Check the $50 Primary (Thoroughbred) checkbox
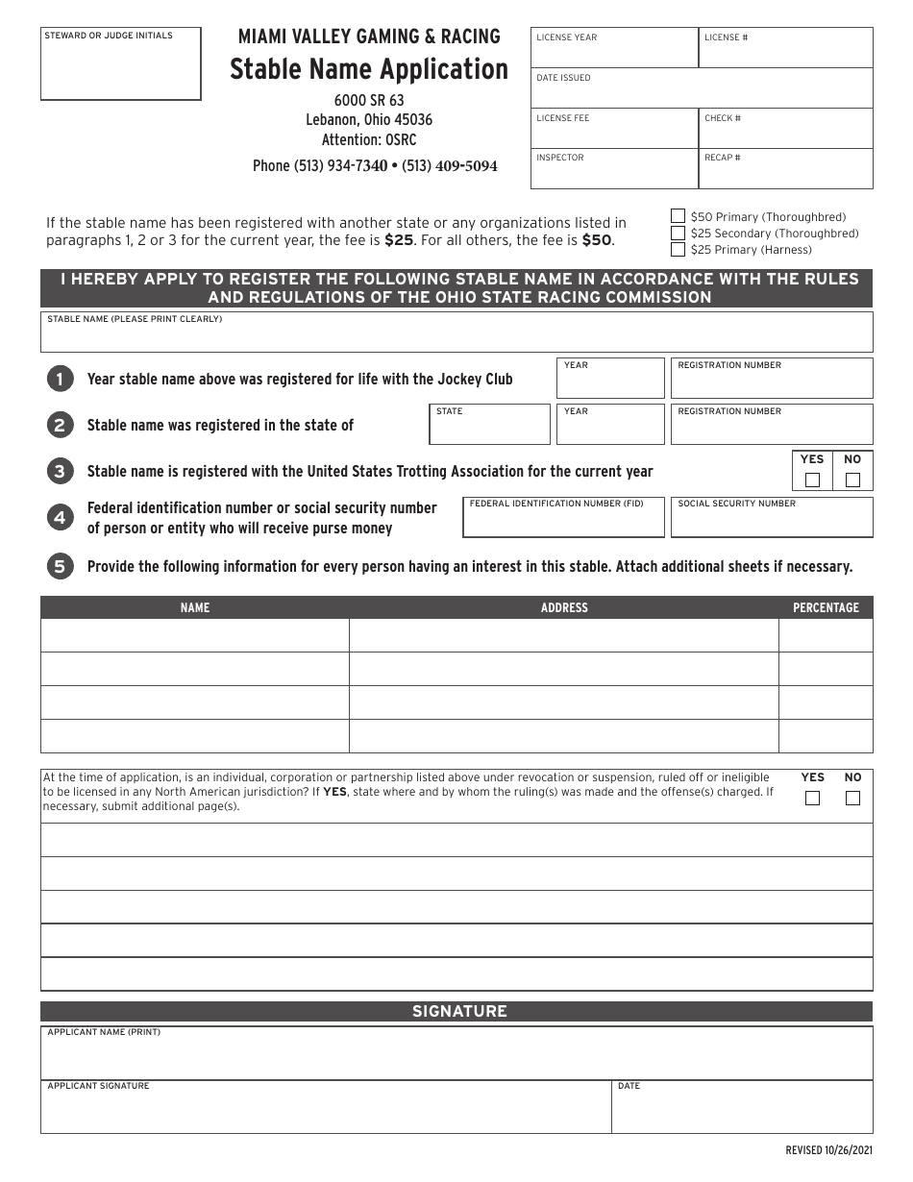pos(678,216)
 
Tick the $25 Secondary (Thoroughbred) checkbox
pos(678,233)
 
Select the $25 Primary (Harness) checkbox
pos(678,249)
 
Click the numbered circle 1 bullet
pos(59,379)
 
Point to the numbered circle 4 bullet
pos(59,518)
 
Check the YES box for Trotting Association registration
pos(812,480)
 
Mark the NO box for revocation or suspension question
pos(852,798)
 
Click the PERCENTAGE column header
pos(826,607)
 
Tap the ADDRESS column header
pos(564,607)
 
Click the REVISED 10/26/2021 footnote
pos(828,1150)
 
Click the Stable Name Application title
pos(369,69)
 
